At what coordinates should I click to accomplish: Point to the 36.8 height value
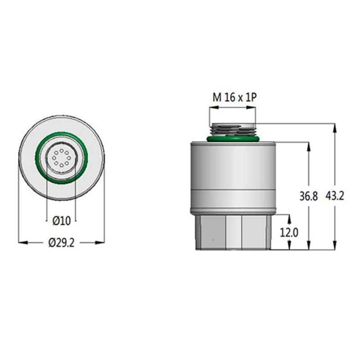coord(309,197)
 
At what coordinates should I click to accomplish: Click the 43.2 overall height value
coord(335,197)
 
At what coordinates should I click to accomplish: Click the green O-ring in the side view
coord(233,139)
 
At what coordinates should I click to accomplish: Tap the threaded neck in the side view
coord(233,130)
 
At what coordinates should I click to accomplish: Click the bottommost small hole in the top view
coord(61,166)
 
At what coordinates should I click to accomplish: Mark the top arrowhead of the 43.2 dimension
coord(335,125)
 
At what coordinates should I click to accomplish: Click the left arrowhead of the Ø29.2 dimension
coord(21,243)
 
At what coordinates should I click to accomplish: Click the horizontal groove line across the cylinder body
coord(233,191)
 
